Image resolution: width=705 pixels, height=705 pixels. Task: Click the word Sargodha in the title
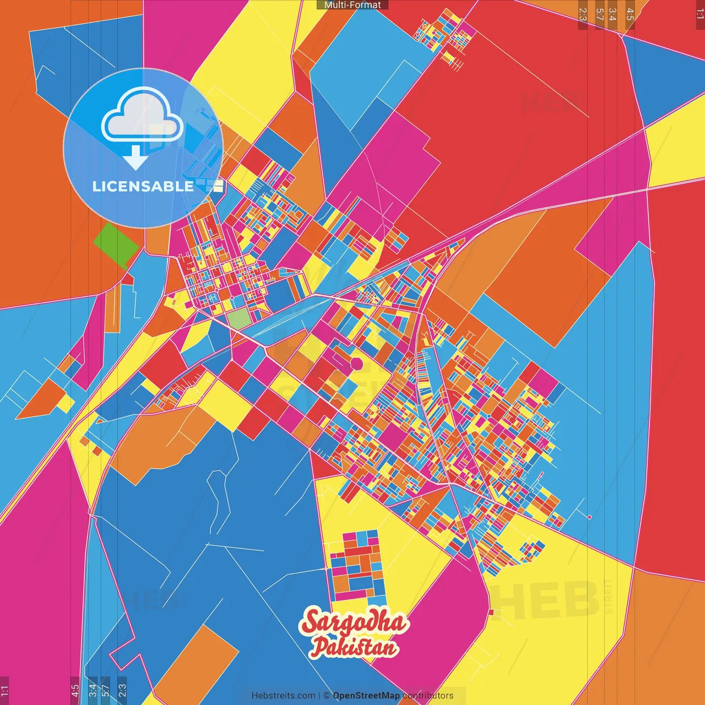pyautogui.click(x=354, y=622)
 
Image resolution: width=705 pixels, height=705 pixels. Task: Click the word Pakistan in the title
pyautogui.click(x=354, y=647)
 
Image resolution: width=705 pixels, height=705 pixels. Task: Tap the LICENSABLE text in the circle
pyautogui.click(x=143, y=186)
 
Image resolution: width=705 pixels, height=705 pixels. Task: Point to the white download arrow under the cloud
pyautogui.click(x=135, y=158)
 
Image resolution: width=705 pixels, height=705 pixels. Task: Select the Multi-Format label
pyautogui.click(x=352, y=5)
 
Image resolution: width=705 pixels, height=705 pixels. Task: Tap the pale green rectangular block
pyautogui.click(x=239, y=319)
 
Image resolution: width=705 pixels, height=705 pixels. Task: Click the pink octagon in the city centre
pyautogui.click(x=356, y=364)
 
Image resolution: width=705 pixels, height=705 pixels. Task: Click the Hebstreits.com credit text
pyautogui.click(x=284, y=696)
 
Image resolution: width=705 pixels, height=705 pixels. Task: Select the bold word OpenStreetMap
pyautogui.click(x=366, y=696)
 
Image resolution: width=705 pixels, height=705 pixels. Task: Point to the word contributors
pyautogui.click(x=428, y=696)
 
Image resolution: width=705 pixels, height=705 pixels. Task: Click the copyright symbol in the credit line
pyautogui.click(x=326, y=696)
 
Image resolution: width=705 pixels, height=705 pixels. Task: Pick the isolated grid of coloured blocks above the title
pyautogui.click(x=357, y=565)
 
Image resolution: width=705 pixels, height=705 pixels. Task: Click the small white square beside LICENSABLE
pyautogui.click(x=218, y=186)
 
